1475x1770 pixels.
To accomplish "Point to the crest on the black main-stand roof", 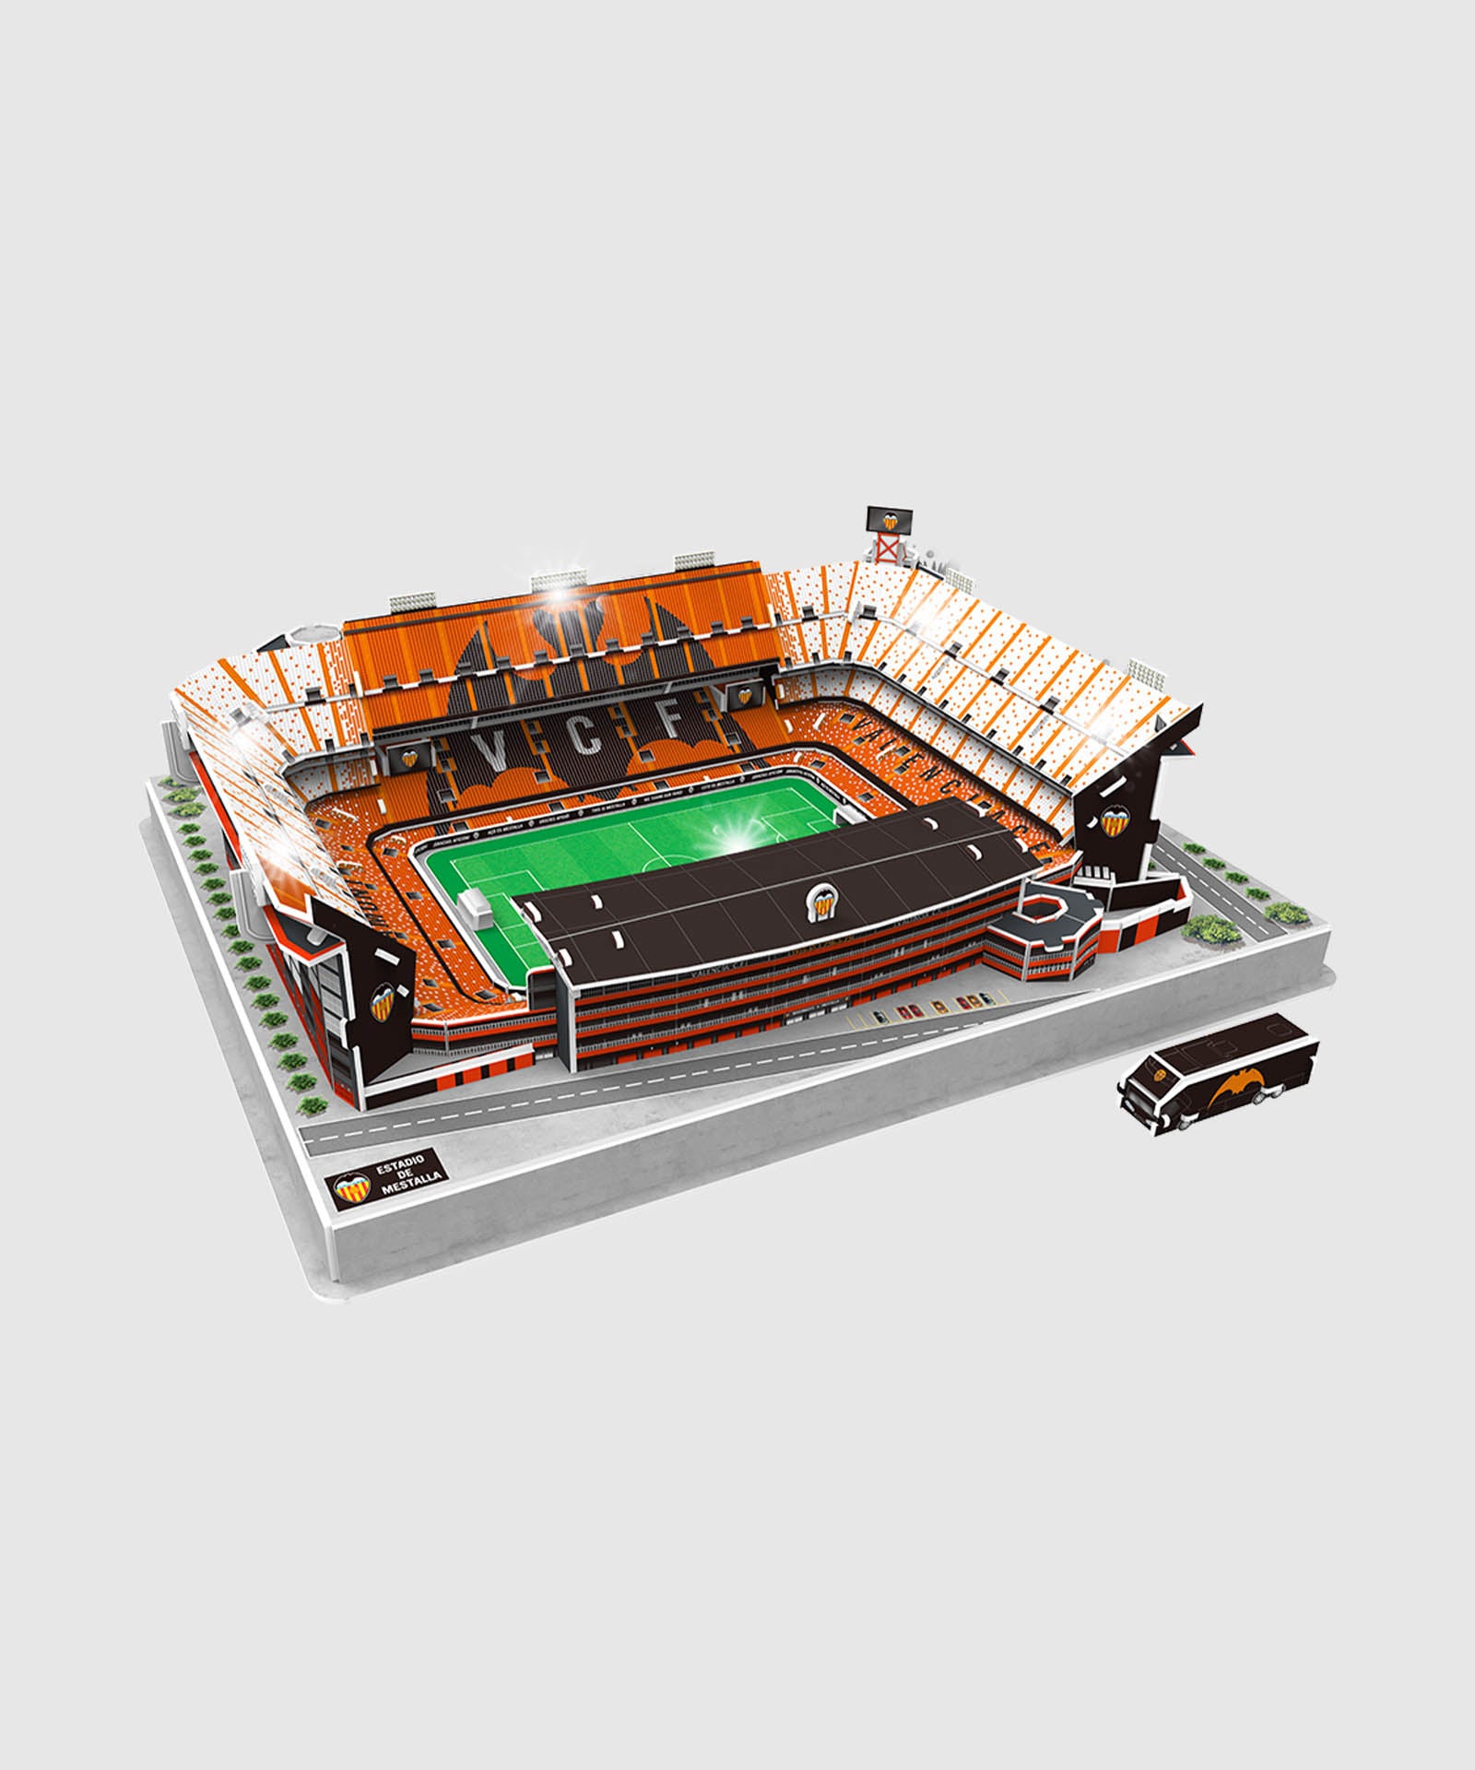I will point(820,901).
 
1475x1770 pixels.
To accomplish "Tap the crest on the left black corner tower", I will point(381,1006).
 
